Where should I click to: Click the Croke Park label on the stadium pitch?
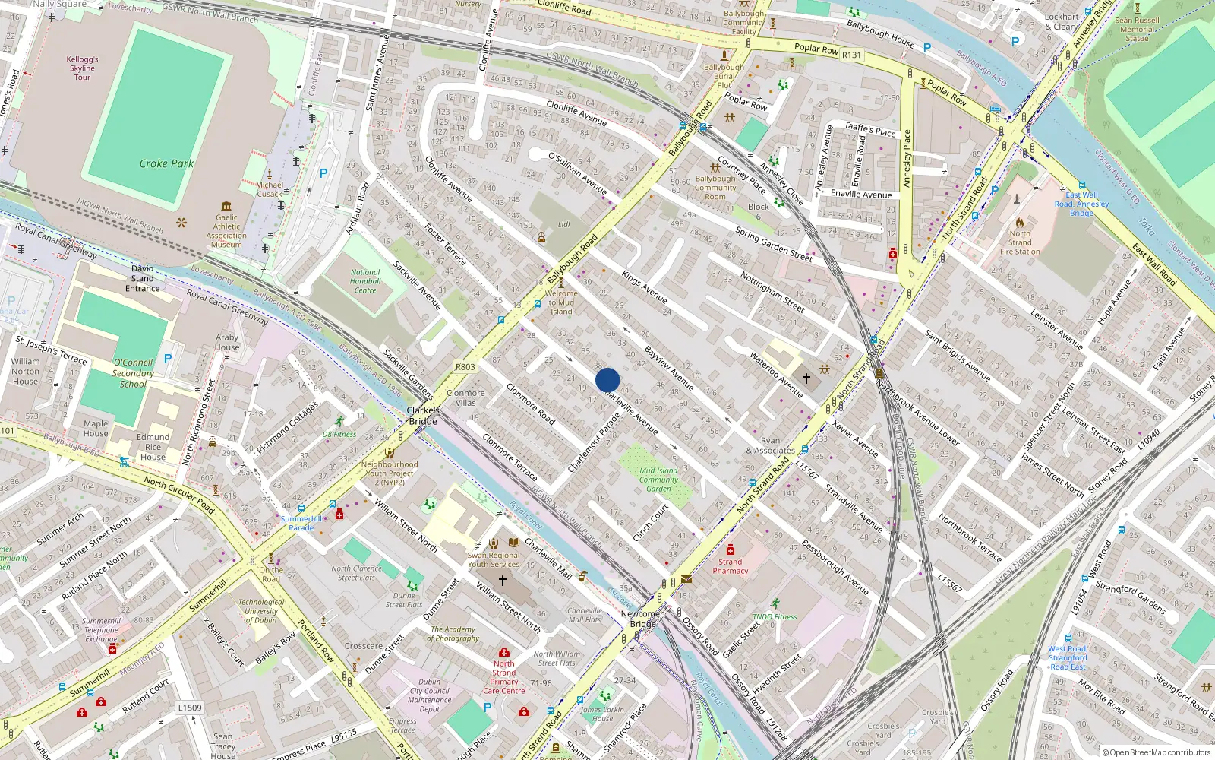coord(166,163)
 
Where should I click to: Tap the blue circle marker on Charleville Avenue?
coord(607,380)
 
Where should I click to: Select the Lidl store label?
coord(563,225)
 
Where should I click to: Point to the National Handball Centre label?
coord(365,281)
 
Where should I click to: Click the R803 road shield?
coord(465,366)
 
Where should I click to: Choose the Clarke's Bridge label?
coord(423,416)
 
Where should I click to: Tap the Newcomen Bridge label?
coord(643,619)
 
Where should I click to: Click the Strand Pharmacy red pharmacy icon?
coord(730,549)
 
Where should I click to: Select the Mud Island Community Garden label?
coord(658,480)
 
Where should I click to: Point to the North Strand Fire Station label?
coord(1020,242)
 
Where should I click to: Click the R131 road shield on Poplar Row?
coord(852,55)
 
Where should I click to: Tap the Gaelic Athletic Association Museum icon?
coord(226,206)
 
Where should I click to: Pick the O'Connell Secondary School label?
coord(133,373)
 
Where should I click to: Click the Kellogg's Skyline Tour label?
coord(82,68)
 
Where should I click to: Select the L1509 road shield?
coord(190,708)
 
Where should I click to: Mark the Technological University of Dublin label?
coord(261,611)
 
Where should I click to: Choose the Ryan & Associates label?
coord(770,445)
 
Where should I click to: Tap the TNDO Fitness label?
coord(775,616)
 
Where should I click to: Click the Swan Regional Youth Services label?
coord(494,559)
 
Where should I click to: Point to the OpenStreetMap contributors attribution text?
coord(1160,753)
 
